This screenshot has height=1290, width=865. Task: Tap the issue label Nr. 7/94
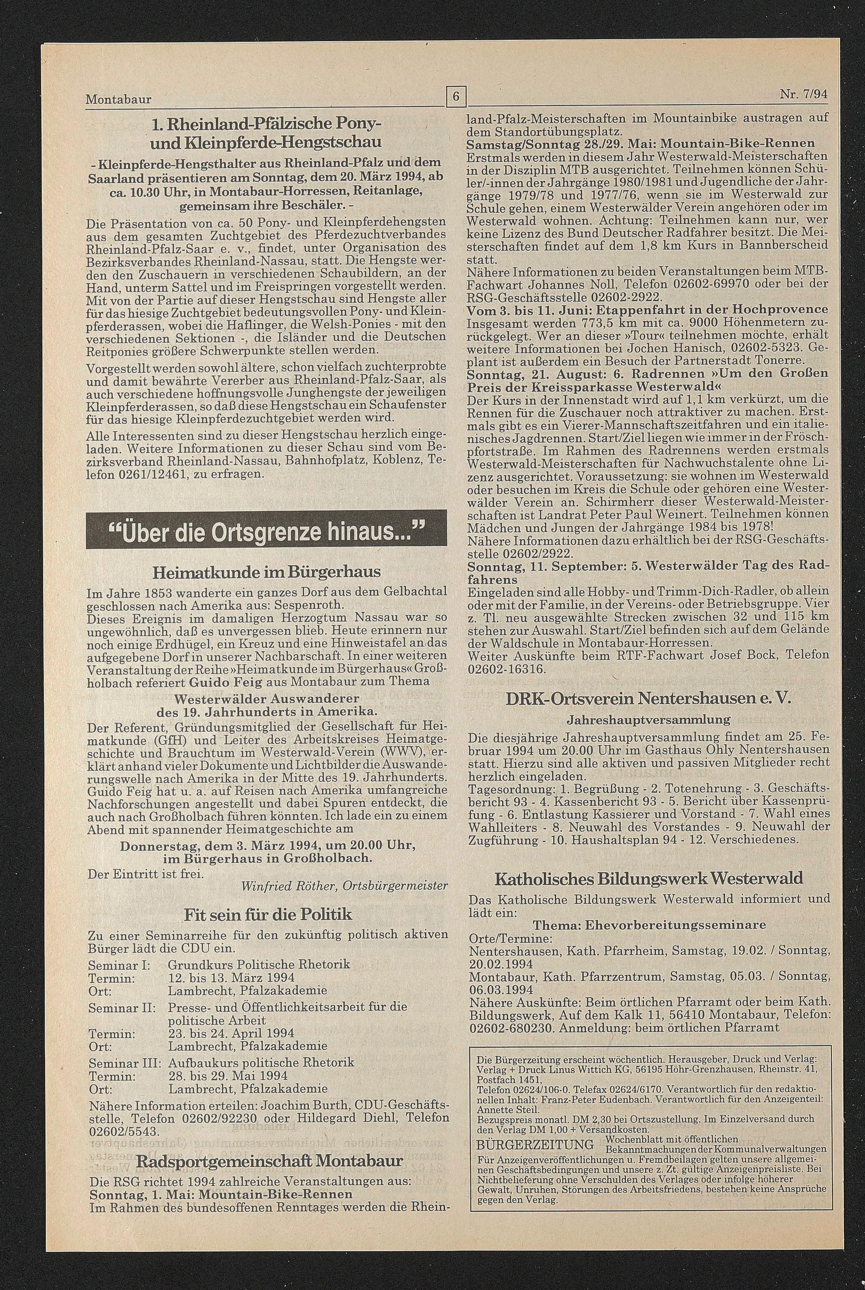coord(804,94)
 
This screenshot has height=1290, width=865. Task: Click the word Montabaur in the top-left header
coord(119,100)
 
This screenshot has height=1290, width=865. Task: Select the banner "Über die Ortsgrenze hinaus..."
coord(266,533)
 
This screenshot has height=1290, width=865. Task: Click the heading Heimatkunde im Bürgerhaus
coord(266,571)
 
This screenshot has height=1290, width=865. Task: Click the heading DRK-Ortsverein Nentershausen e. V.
coord(649,698)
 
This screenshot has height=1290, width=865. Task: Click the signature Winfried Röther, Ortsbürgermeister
coord(344,886)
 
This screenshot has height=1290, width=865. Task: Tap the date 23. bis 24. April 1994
coord(231,1033)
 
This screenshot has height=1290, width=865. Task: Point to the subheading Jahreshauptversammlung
coord(649,720)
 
